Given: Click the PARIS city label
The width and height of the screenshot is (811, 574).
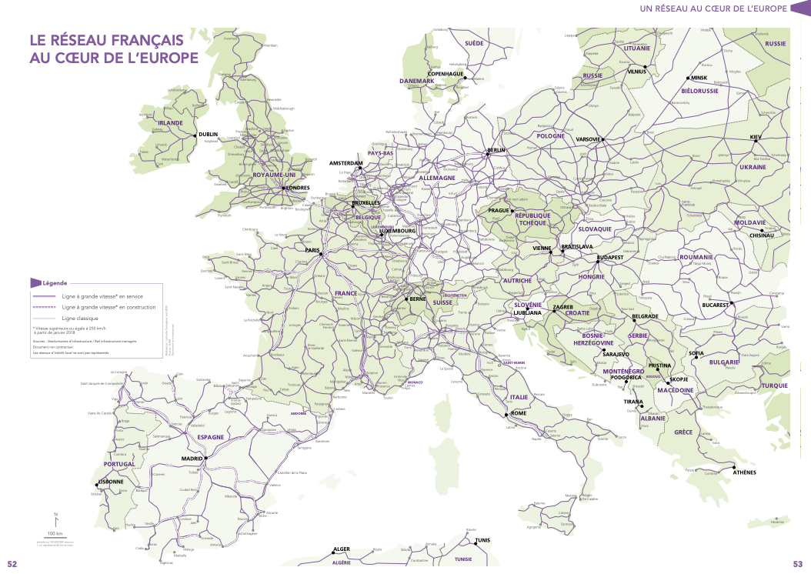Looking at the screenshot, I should click(312, 250).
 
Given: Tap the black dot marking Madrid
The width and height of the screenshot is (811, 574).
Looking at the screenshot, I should click(206, 459).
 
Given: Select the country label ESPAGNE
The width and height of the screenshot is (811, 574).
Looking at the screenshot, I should click(210, 437).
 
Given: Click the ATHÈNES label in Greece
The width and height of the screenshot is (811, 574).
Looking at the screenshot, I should click(745, 472).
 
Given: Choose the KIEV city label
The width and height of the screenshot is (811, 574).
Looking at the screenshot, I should click(755, 137).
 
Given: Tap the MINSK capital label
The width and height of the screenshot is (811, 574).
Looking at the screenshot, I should click(699, 78).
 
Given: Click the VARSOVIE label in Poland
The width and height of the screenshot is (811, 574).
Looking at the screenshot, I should click(588, 139).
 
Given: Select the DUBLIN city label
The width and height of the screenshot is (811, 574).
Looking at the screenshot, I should click(209, 135).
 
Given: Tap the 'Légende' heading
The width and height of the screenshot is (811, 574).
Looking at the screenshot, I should click(55, 283).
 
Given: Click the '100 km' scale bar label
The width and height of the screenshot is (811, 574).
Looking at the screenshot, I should click(55, 533).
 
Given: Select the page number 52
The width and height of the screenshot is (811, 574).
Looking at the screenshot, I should click(12, 564).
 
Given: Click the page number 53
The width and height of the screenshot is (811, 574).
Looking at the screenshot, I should click(798, 564).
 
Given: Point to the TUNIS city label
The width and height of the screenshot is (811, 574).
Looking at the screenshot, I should click(482, 540).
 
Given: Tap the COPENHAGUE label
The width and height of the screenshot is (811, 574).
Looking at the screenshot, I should click(446, 74).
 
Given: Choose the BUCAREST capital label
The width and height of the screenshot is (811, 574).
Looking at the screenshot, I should click(715, 305).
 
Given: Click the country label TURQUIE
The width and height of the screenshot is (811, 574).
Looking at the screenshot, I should click(774, 385).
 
